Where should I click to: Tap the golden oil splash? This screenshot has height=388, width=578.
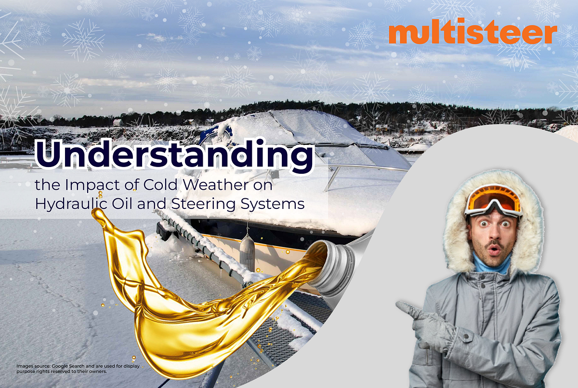[x=193, y=308]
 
